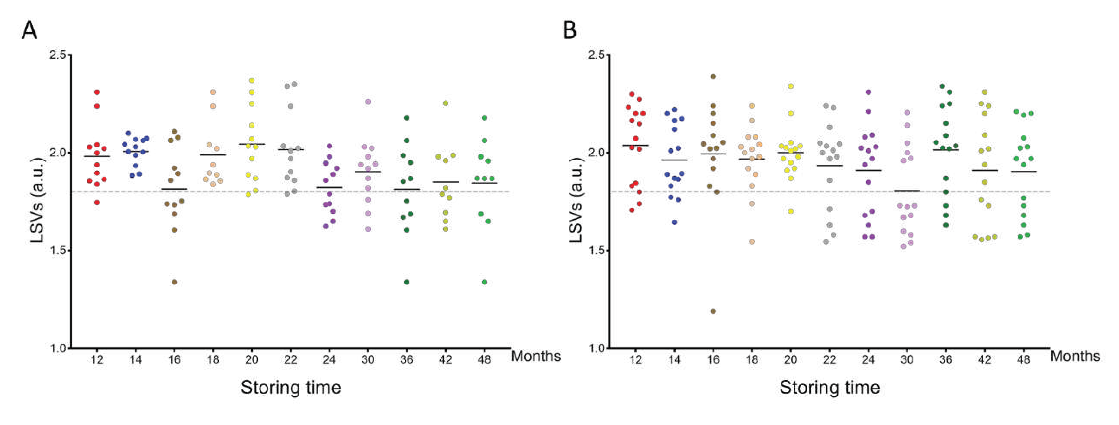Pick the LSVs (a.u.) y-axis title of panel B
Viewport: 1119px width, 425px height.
[575, 200]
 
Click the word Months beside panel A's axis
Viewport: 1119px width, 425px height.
[536, 356]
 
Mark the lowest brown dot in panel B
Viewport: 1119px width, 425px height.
[713, 311]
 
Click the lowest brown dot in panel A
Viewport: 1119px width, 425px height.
[174, 282]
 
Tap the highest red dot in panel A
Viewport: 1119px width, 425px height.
[97, 92]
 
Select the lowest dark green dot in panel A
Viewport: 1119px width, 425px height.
[407, 282]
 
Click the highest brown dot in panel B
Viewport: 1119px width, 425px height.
[713, 76]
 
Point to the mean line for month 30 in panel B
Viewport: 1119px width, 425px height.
[907, 190]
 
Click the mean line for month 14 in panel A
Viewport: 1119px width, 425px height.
[136, 151]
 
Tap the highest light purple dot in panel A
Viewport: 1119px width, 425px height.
[368, 102]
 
